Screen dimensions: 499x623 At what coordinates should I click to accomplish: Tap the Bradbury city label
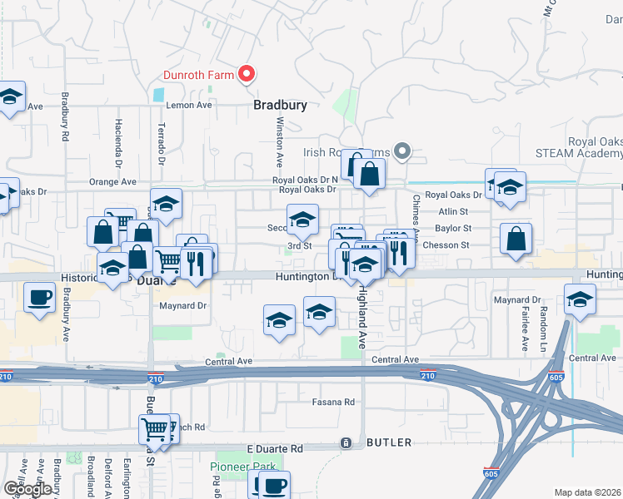(281, 106)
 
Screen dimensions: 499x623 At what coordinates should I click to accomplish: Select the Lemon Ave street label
(190, 106)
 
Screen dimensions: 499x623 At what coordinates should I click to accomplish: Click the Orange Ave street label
(112, 181)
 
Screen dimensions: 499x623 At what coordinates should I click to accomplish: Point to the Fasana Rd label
(333, 403)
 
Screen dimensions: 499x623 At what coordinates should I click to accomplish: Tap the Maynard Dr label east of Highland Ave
(517, 299)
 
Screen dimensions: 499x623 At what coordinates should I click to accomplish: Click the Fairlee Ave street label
(525, 327)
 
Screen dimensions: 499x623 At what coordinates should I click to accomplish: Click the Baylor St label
(453, 228)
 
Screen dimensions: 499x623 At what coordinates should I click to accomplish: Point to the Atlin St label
(454, 211)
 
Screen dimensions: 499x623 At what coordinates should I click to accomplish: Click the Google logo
(27, 489)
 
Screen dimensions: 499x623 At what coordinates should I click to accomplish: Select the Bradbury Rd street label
(64, 117)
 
